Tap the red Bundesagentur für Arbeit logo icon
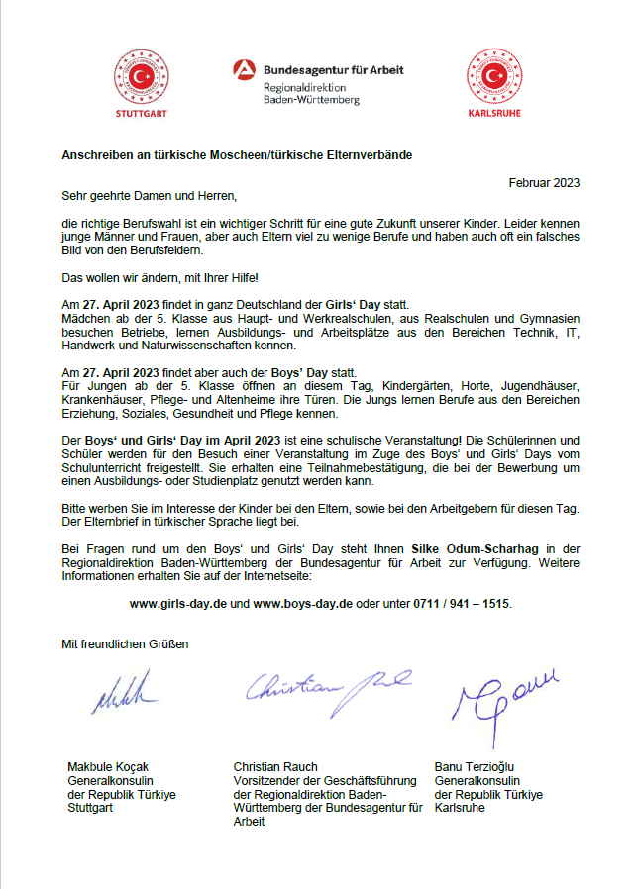(x=245, y=70)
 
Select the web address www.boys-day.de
(x=303, y=602)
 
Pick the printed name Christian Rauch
(x=274, y=767)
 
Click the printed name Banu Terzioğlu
(x=475, y=767)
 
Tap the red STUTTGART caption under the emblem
(x=142, y=114)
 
